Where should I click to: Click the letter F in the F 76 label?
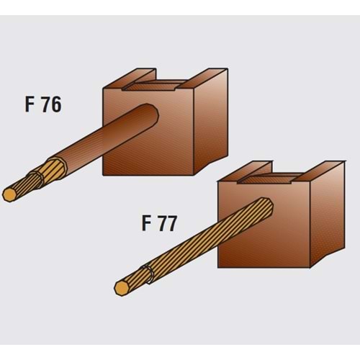coord(29,104)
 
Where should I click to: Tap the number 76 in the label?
coord(51,104)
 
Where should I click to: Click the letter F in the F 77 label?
coord(146,223)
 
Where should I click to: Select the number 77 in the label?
coord(168,223)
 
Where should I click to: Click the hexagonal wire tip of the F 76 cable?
coord(9,194)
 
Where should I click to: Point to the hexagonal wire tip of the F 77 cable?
coord(122,288)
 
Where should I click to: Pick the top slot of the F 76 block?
coord(153,85)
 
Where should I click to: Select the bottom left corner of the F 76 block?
coord(103,175)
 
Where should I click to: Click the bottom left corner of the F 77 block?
coord(218,267)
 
